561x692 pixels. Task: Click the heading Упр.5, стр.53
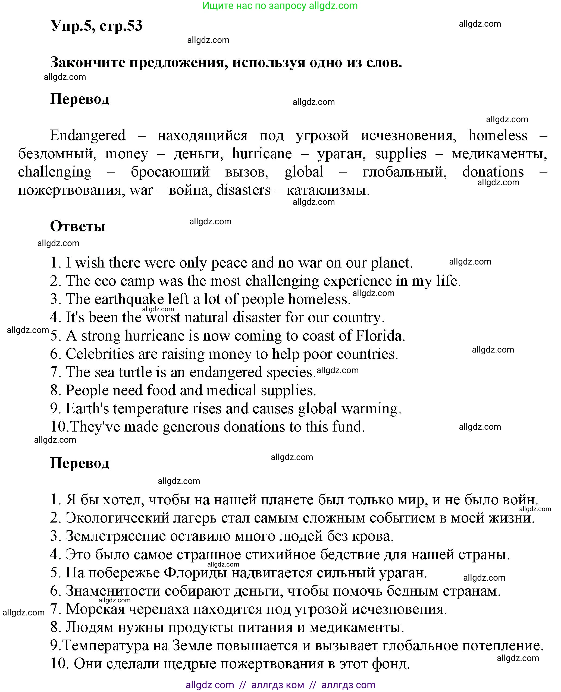pyautogui.click(x=96, y=26)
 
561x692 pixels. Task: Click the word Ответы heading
pyautogui.click(x=77, y=226)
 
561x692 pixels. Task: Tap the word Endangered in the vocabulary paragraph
pyautogui.click(x=87, y=135)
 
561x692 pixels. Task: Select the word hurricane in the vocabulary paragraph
pyautogui.click(x=262, y=153)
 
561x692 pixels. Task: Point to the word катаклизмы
pyautogui.click(x=328, y=190)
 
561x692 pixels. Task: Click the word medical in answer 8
pyautogui.click(x=231, y=390)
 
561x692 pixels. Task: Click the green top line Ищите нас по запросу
pyautogui.click(x=280, y=5)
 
